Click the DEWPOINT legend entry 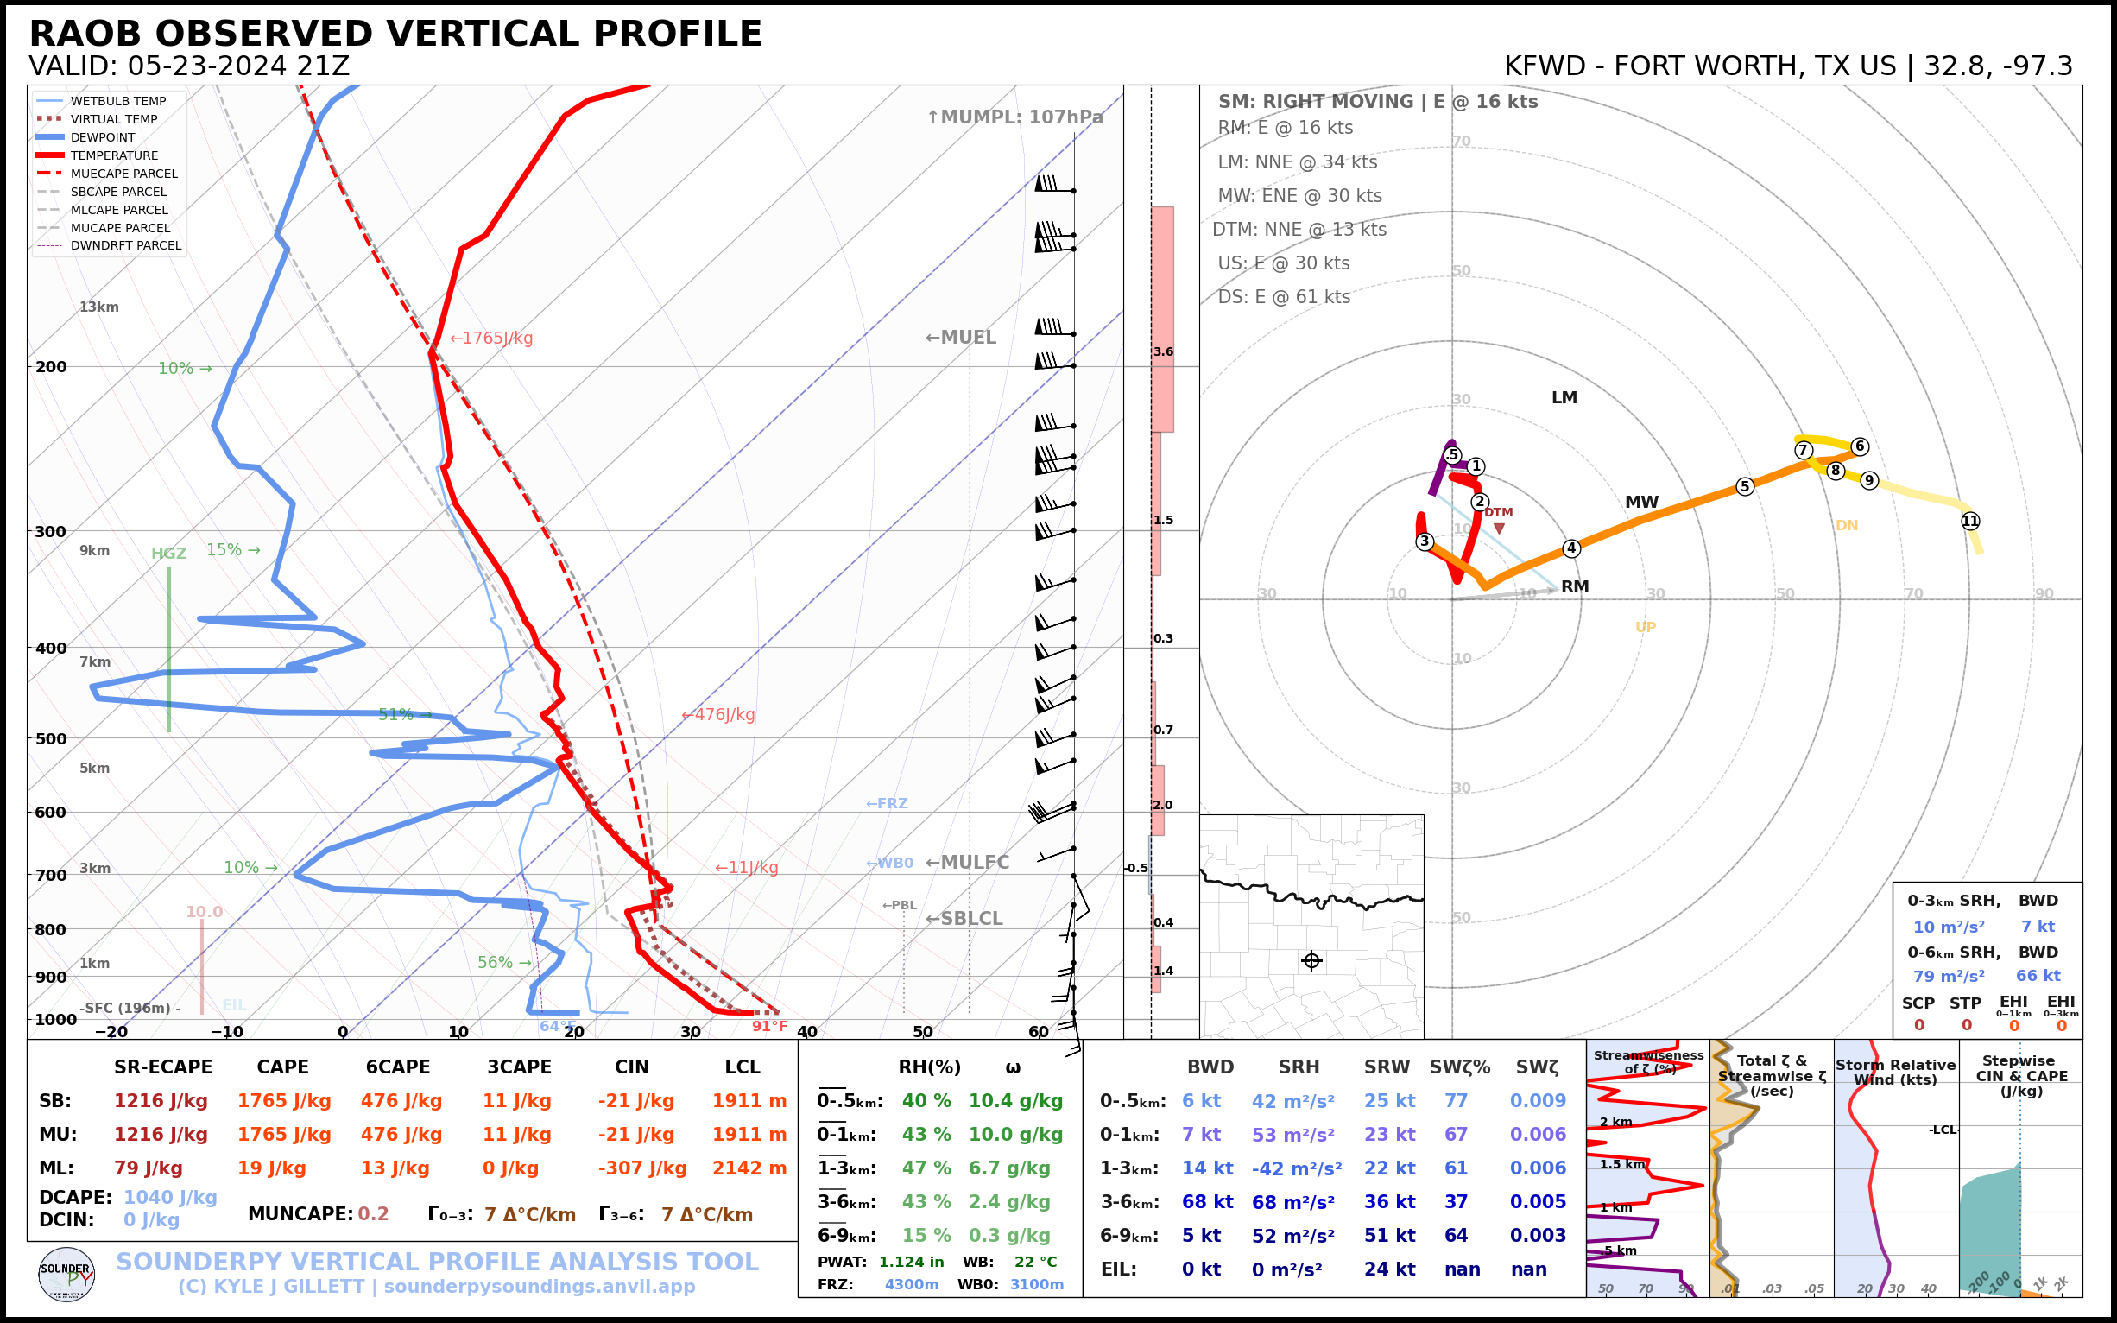(x=103, y=137)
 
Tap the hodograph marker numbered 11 (x=1970, y=521)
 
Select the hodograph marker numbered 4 (x=1571, y=548)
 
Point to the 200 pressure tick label (x=51, y=367)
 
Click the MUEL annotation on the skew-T (x=961, y=337)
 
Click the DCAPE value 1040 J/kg (x=170, y=1197)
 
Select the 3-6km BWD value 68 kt (x=1206, y=1201)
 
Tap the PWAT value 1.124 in (x=911, y=1262)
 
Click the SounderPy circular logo (x=66, y=1274)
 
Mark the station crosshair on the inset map (x=1311, y=960)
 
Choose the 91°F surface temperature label (x=770, y=1027)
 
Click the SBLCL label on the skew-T (x=964, y=918)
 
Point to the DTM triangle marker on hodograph (x=1500, y=529)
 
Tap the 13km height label (x=98, y=307)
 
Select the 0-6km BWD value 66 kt (x=2038, y=976)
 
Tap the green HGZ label (x=169, y=553)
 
